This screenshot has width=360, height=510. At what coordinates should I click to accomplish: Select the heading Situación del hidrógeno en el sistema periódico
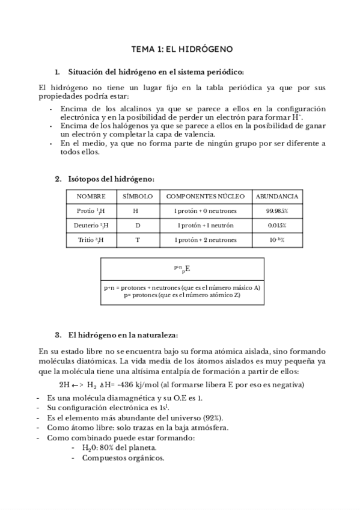156,72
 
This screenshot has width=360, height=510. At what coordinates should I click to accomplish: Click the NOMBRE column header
91,197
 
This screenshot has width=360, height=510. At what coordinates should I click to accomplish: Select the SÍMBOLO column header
137,197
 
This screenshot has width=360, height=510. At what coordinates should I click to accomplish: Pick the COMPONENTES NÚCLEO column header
205,197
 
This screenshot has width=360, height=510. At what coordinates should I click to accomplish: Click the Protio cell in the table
91,211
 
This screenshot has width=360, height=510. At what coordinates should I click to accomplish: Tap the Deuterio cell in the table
91,226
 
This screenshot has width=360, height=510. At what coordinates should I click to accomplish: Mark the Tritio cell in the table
91,240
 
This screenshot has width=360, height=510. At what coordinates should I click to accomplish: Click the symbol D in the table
137,226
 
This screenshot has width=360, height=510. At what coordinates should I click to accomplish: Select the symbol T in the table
137,240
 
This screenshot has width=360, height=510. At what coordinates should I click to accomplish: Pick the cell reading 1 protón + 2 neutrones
205,240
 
